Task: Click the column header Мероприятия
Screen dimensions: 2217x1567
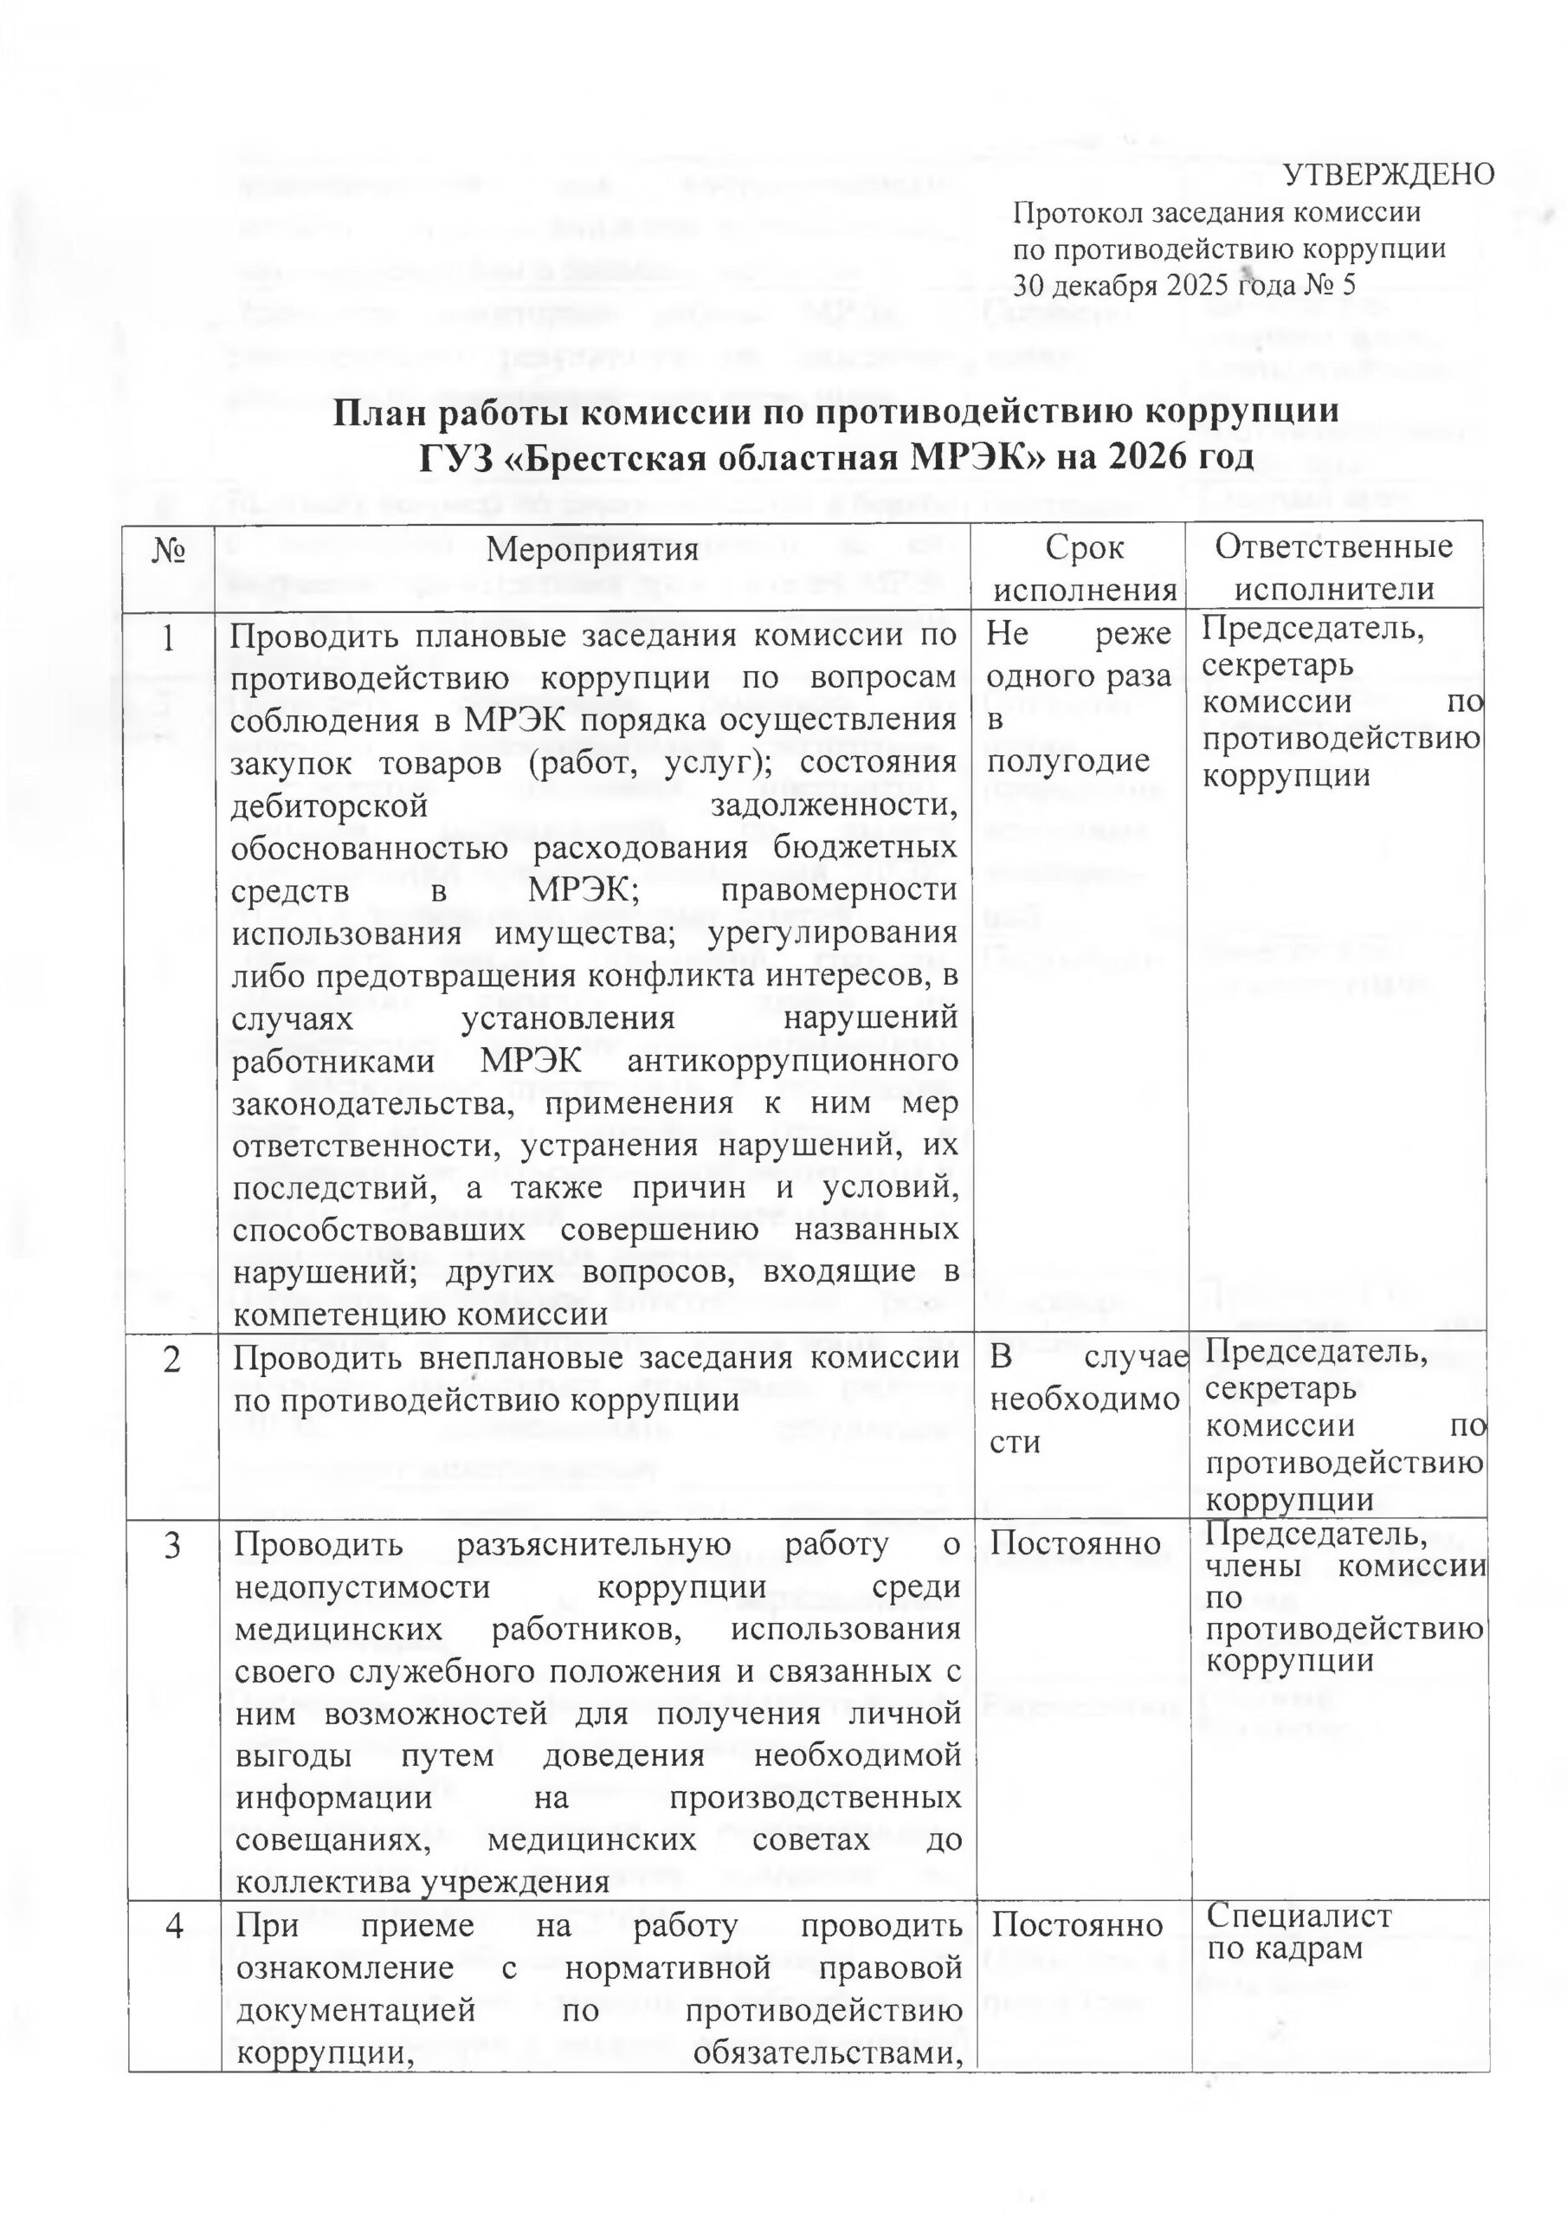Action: click(592, 549)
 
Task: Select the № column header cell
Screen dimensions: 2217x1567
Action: click(170, 549)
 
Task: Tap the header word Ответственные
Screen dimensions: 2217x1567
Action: click(1333, 546)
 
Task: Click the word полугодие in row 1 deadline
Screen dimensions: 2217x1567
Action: click(1054, 762)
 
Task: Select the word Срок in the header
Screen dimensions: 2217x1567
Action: click(1084, 548)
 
